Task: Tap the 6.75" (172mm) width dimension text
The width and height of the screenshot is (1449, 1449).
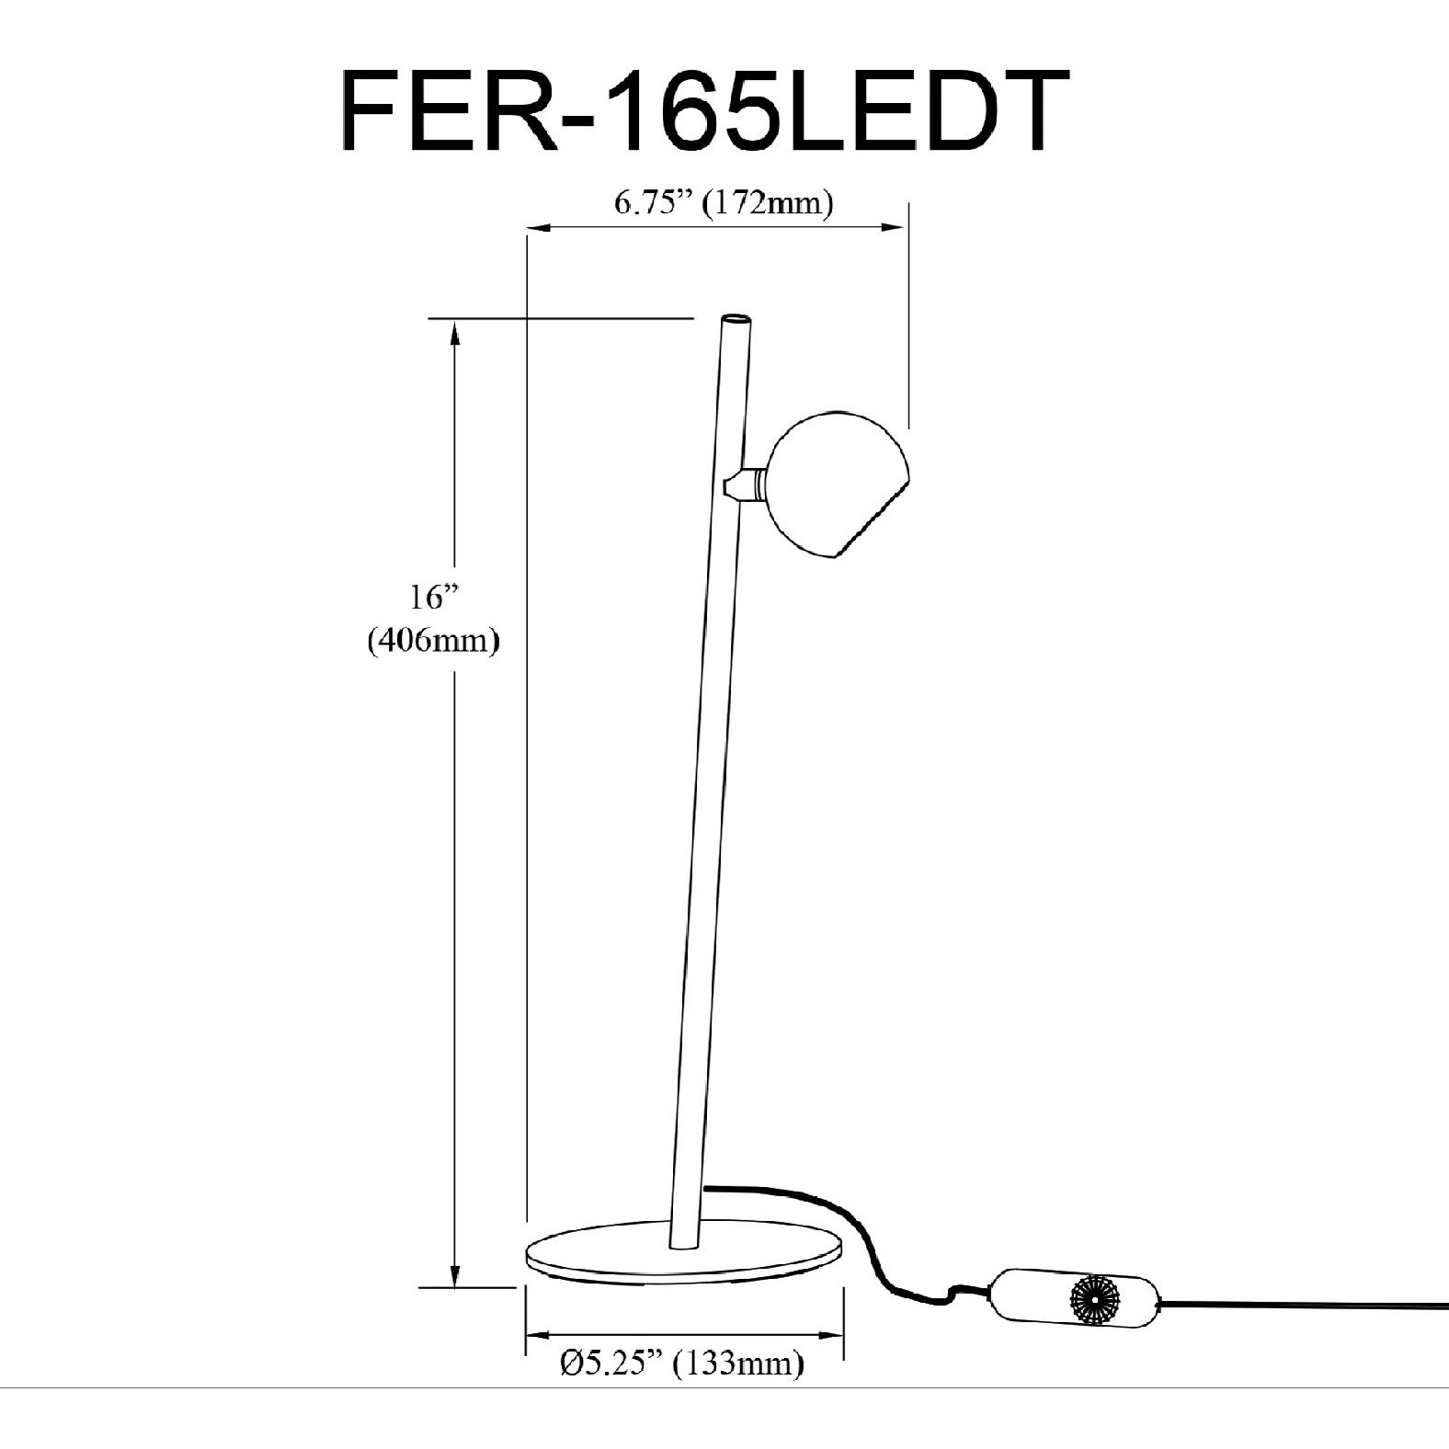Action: (724, 203)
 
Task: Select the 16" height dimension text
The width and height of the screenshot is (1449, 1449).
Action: (433, 599)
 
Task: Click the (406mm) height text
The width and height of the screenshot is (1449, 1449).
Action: (433, 640)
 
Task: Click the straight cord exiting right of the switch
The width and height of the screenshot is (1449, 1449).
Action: (1306, 1304)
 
